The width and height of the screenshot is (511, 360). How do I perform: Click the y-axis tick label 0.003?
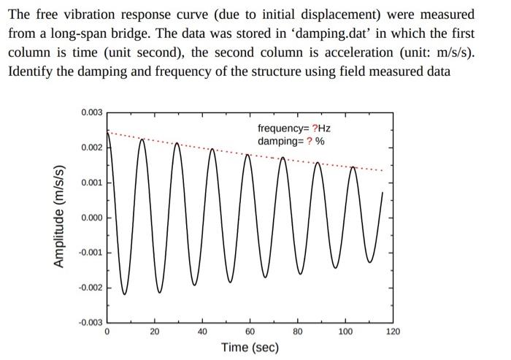tap(92, 112)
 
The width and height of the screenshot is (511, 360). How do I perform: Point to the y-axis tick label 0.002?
tap(92, 148)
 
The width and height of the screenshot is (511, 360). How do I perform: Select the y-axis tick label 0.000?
tap(92, 218)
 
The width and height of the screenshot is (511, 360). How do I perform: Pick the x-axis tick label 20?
tap(155, 332)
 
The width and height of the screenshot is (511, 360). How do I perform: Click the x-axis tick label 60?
tap(250, 332)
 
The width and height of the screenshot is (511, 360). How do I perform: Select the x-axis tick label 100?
tap(345, 332)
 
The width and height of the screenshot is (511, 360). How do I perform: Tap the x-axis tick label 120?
tap(393, 332)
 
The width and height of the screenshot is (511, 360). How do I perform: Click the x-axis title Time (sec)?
tap(250, 347)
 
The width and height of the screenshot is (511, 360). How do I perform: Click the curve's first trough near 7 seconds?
tap(124, 294)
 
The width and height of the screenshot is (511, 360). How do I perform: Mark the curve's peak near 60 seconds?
tap(247, 155)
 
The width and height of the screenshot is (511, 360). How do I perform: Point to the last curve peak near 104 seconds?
tap(354, 167)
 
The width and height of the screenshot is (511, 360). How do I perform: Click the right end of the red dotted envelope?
tap(381, 171)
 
